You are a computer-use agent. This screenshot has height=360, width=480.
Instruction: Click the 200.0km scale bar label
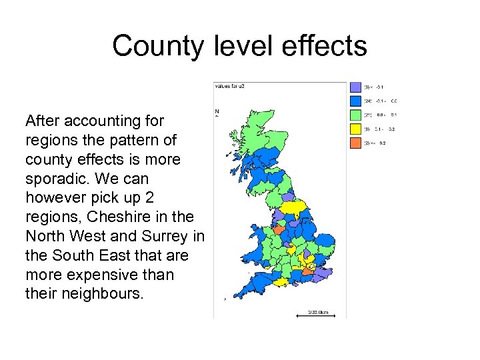click(318, 311)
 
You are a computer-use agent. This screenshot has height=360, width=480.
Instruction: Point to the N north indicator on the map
click(217, 111)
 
